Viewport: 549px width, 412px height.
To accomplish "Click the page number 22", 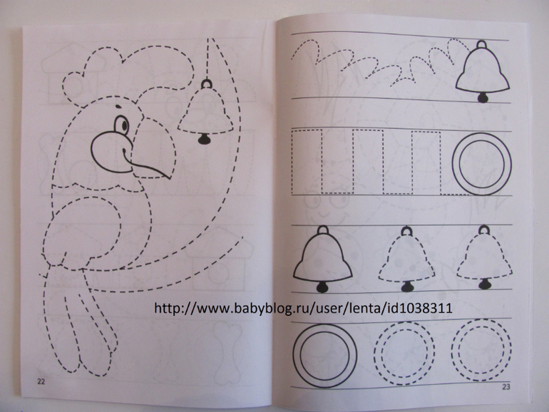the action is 41,381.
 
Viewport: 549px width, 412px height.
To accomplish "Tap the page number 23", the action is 506,387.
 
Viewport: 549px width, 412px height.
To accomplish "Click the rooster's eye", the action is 121,124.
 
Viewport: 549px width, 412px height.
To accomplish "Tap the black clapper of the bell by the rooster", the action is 204,138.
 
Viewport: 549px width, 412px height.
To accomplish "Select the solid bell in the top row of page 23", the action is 483,71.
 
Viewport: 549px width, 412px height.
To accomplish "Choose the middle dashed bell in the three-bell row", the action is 406,259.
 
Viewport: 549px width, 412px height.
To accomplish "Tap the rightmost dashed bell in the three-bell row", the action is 484,257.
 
